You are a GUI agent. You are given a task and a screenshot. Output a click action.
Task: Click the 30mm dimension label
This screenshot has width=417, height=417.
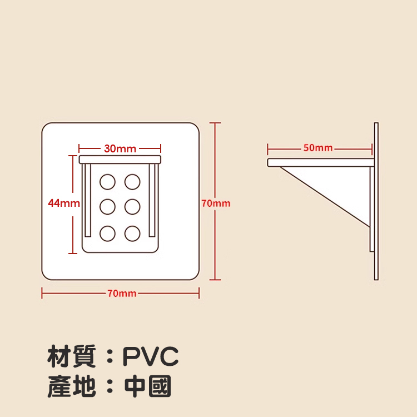coord(120,148)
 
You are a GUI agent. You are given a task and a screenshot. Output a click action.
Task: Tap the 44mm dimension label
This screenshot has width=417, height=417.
coord(63,203)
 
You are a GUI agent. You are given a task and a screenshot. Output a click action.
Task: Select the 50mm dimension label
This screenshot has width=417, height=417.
coord(318,148)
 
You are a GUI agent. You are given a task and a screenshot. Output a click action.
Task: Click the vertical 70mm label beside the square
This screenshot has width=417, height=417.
coord(216,203)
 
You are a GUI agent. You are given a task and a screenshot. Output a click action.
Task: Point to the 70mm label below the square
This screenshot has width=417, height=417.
coord(122,293)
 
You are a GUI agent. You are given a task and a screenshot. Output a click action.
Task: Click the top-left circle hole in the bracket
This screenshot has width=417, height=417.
coord(107,181)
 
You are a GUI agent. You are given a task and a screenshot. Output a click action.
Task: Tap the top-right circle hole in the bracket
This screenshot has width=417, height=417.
coord(132,181)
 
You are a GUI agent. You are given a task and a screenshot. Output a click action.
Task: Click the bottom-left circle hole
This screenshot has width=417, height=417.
coord(107,233)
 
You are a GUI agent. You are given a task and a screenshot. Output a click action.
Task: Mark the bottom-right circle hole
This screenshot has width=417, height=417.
coord(132,233)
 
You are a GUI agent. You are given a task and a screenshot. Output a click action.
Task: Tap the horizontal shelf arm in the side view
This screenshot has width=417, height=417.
coord(320,162)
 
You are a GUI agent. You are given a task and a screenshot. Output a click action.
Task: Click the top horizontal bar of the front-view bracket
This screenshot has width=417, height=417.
coord(120,160)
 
